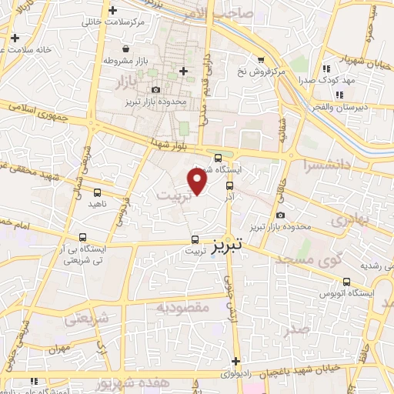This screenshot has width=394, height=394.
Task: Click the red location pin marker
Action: coord(198,182)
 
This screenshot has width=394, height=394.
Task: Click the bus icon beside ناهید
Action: coord(97,192)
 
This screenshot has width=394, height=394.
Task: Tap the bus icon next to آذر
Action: coord(230,185)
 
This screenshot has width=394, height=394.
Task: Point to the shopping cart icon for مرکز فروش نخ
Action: coord(261,59)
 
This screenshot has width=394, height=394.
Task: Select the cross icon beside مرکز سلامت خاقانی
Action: coord(113,11)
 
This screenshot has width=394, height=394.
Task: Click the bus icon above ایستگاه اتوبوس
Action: coord(347,282)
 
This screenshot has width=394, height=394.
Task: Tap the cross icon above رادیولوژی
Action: coord(235,361)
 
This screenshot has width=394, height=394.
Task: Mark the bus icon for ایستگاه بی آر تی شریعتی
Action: coord(82,238)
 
